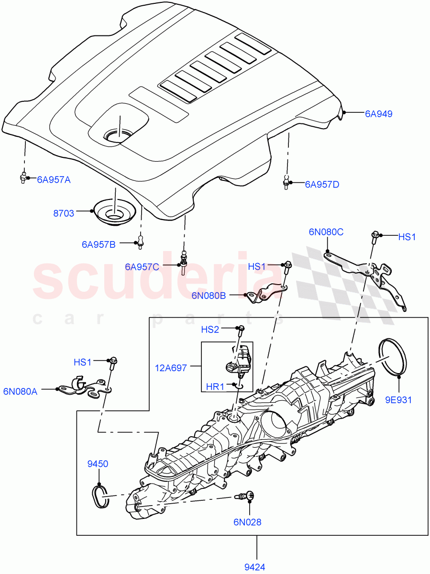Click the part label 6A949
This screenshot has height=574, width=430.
tap(378, 114)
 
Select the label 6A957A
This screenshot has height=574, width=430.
tap(53, 180)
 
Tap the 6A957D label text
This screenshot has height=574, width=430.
tap(321, 184)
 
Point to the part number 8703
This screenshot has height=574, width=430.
tap(64, 213)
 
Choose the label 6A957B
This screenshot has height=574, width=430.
tap(98, 244)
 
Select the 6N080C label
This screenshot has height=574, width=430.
tap(326, 232)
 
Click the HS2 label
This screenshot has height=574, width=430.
tap(210, 330)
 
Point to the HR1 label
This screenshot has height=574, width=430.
tap(215, 386)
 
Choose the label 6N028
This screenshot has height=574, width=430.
tap(247, 522)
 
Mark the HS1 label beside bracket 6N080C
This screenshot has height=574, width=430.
tap(407, 236)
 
